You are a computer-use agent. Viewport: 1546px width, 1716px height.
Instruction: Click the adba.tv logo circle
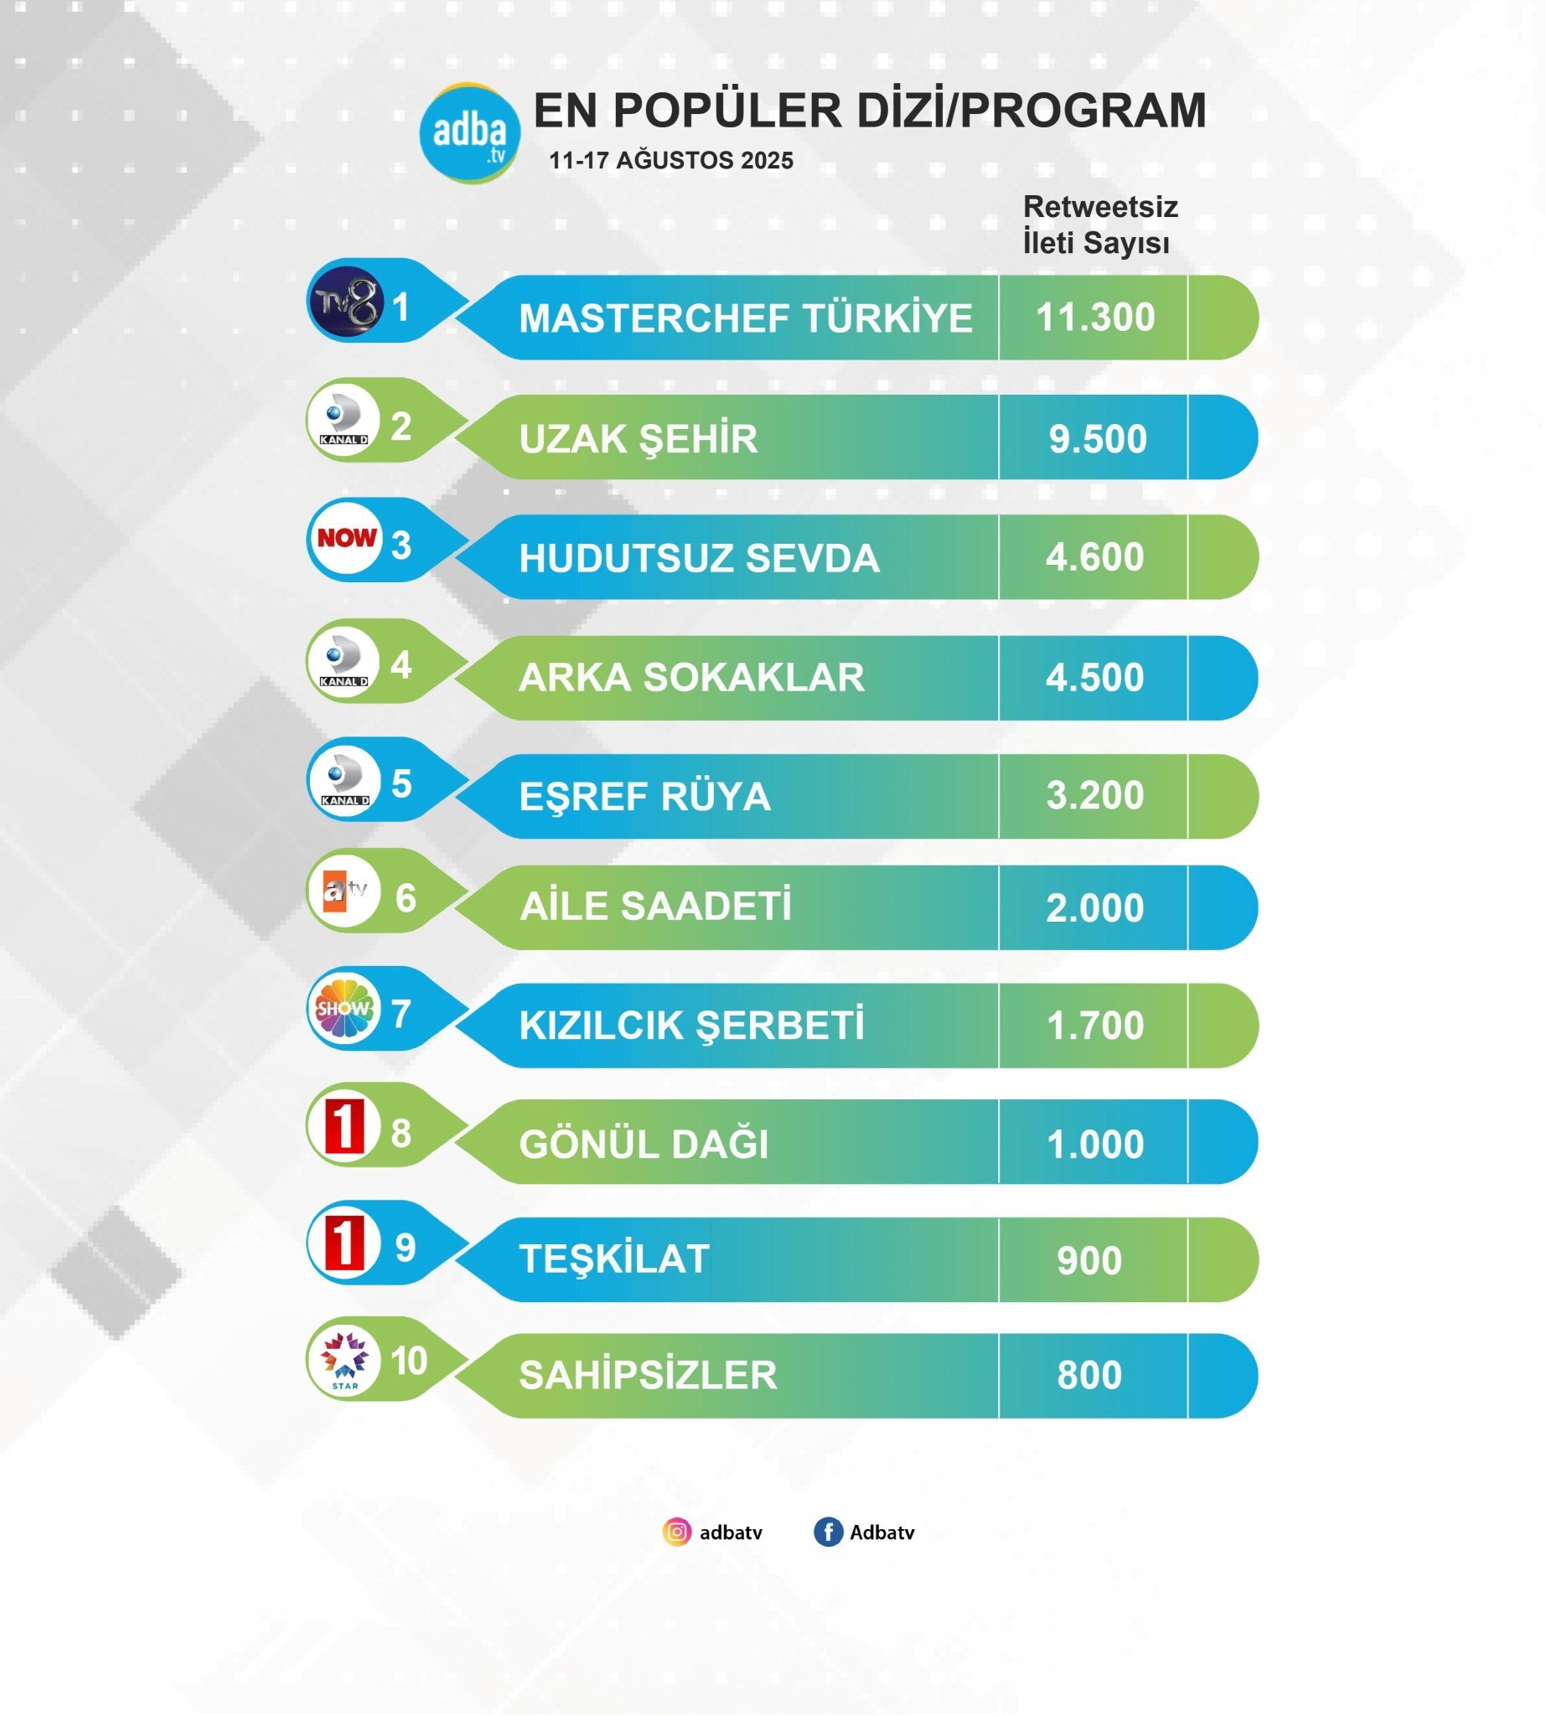pos(470,132)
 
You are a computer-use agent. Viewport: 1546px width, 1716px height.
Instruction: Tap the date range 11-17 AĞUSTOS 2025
pos(671,161)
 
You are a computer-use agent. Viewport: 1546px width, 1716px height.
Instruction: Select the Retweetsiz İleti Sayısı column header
pos(1099,225)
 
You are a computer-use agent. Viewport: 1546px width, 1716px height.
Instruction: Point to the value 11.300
pos(1095,318)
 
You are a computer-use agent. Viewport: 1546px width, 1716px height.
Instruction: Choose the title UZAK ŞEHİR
pos(638,439)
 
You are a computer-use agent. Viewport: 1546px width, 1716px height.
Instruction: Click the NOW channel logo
pos(347,538)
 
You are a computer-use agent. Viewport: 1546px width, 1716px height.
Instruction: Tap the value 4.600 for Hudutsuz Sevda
pos(1094,557)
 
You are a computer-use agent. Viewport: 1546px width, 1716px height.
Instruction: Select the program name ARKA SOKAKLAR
pos(690,678)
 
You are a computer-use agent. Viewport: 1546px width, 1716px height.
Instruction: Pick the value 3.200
pos(1094,796)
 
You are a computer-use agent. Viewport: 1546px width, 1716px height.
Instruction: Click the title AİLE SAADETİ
pos(655,907)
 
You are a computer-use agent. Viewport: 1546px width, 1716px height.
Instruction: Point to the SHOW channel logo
pos(344,1009)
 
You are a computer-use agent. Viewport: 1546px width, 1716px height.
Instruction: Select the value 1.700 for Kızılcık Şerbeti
pos(1094,1026)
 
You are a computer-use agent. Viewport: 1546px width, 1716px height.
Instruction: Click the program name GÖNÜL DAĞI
pos(644,1145)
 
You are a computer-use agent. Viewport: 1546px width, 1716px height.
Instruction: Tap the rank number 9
pos(406,1248)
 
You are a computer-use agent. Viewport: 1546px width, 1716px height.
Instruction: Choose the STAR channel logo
pos(345,1360)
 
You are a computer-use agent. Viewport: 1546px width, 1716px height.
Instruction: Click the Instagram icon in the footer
pos(677,1532)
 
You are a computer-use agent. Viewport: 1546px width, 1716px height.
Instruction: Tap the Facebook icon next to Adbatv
pos(827,1532)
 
